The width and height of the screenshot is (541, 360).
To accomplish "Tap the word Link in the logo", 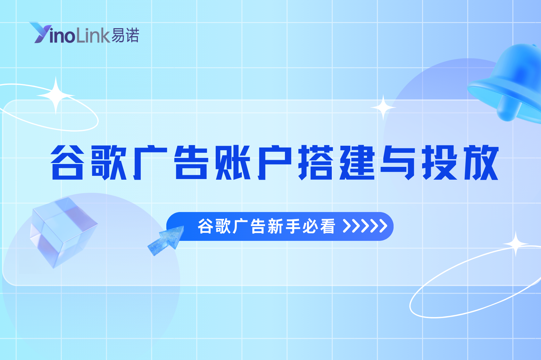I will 93,36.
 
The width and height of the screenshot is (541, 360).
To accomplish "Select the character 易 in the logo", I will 118,35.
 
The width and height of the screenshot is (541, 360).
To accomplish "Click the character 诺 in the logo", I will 132,35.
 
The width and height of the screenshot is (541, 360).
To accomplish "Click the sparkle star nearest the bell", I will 383,108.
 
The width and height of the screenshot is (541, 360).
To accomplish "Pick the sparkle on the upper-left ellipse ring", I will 56,95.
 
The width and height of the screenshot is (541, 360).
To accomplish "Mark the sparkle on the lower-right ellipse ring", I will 515,244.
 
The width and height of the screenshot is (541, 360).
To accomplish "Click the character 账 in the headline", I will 233,162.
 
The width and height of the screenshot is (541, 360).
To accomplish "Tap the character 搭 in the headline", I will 316,162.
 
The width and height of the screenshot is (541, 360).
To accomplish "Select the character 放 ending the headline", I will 481,162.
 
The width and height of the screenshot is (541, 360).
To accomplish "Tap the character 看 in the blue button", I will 327,226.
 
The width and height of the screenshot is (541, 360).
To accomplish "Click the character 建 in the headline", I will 357,162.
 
